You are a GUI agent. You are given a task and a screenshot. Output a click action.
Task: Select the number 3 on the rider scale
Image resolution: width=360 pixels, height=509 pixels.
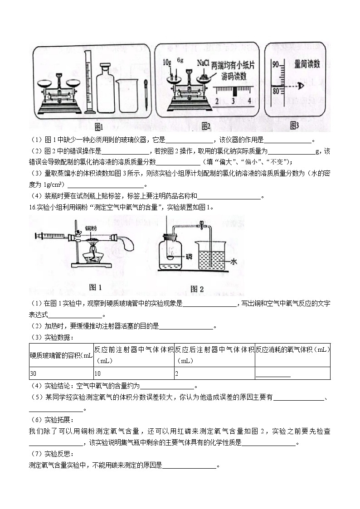(233, 101)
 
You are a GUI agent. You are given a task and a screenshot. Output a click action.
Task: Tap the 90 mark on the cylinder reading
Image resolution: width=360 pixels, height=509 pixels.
(275, 65)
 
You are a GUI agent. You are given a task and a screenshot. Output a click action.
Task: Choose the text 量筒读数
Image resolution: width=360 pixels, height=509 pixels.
(307, 64)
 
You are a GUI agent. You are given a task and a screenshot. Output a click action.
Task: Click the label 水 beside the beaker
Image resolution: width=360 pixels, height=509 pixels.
(234, 262)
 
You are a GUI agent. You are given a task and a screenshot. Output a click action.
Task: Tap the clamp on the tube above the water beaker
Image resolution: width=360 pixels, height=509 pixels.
(201, 224)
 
